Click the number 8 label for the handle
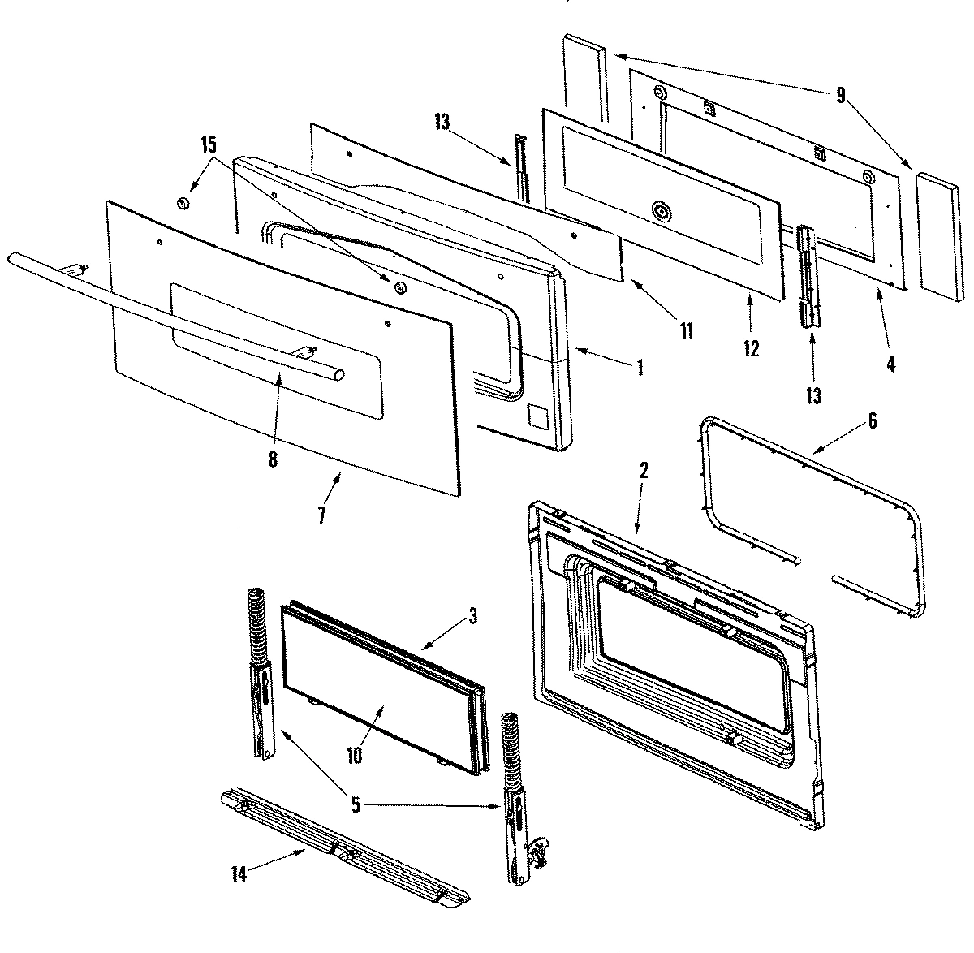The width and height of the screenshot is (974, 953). point(272,459)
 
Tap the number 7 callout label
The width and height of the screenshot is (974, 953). point(322,515)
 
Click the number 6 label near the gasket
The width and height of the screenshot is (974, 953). point(872,420)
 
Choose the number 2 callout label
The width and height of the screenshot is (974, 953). point(643,470)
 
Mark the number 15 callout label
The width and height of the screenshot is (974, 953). point(209,146)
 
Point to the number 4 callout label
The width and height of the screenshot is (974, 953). point(890,364)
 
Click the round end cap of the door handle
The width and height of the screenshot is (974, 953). point(338,374)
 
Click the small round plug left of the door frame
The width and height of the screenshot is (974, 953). point(183,202)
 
